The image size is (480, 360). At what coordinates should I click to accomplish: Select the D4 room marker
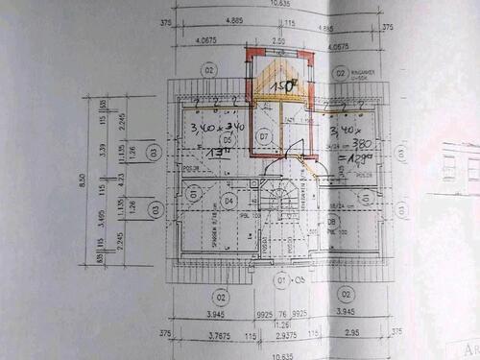(228, 200)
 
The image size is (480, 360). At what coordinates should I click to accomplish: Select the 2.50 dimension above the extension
(278, 41)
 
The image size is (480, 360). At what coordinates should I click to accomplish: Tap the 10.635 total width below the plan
(280, 354)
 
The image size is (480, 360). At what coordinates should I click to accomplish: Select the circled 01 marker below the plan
(281, 280)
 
